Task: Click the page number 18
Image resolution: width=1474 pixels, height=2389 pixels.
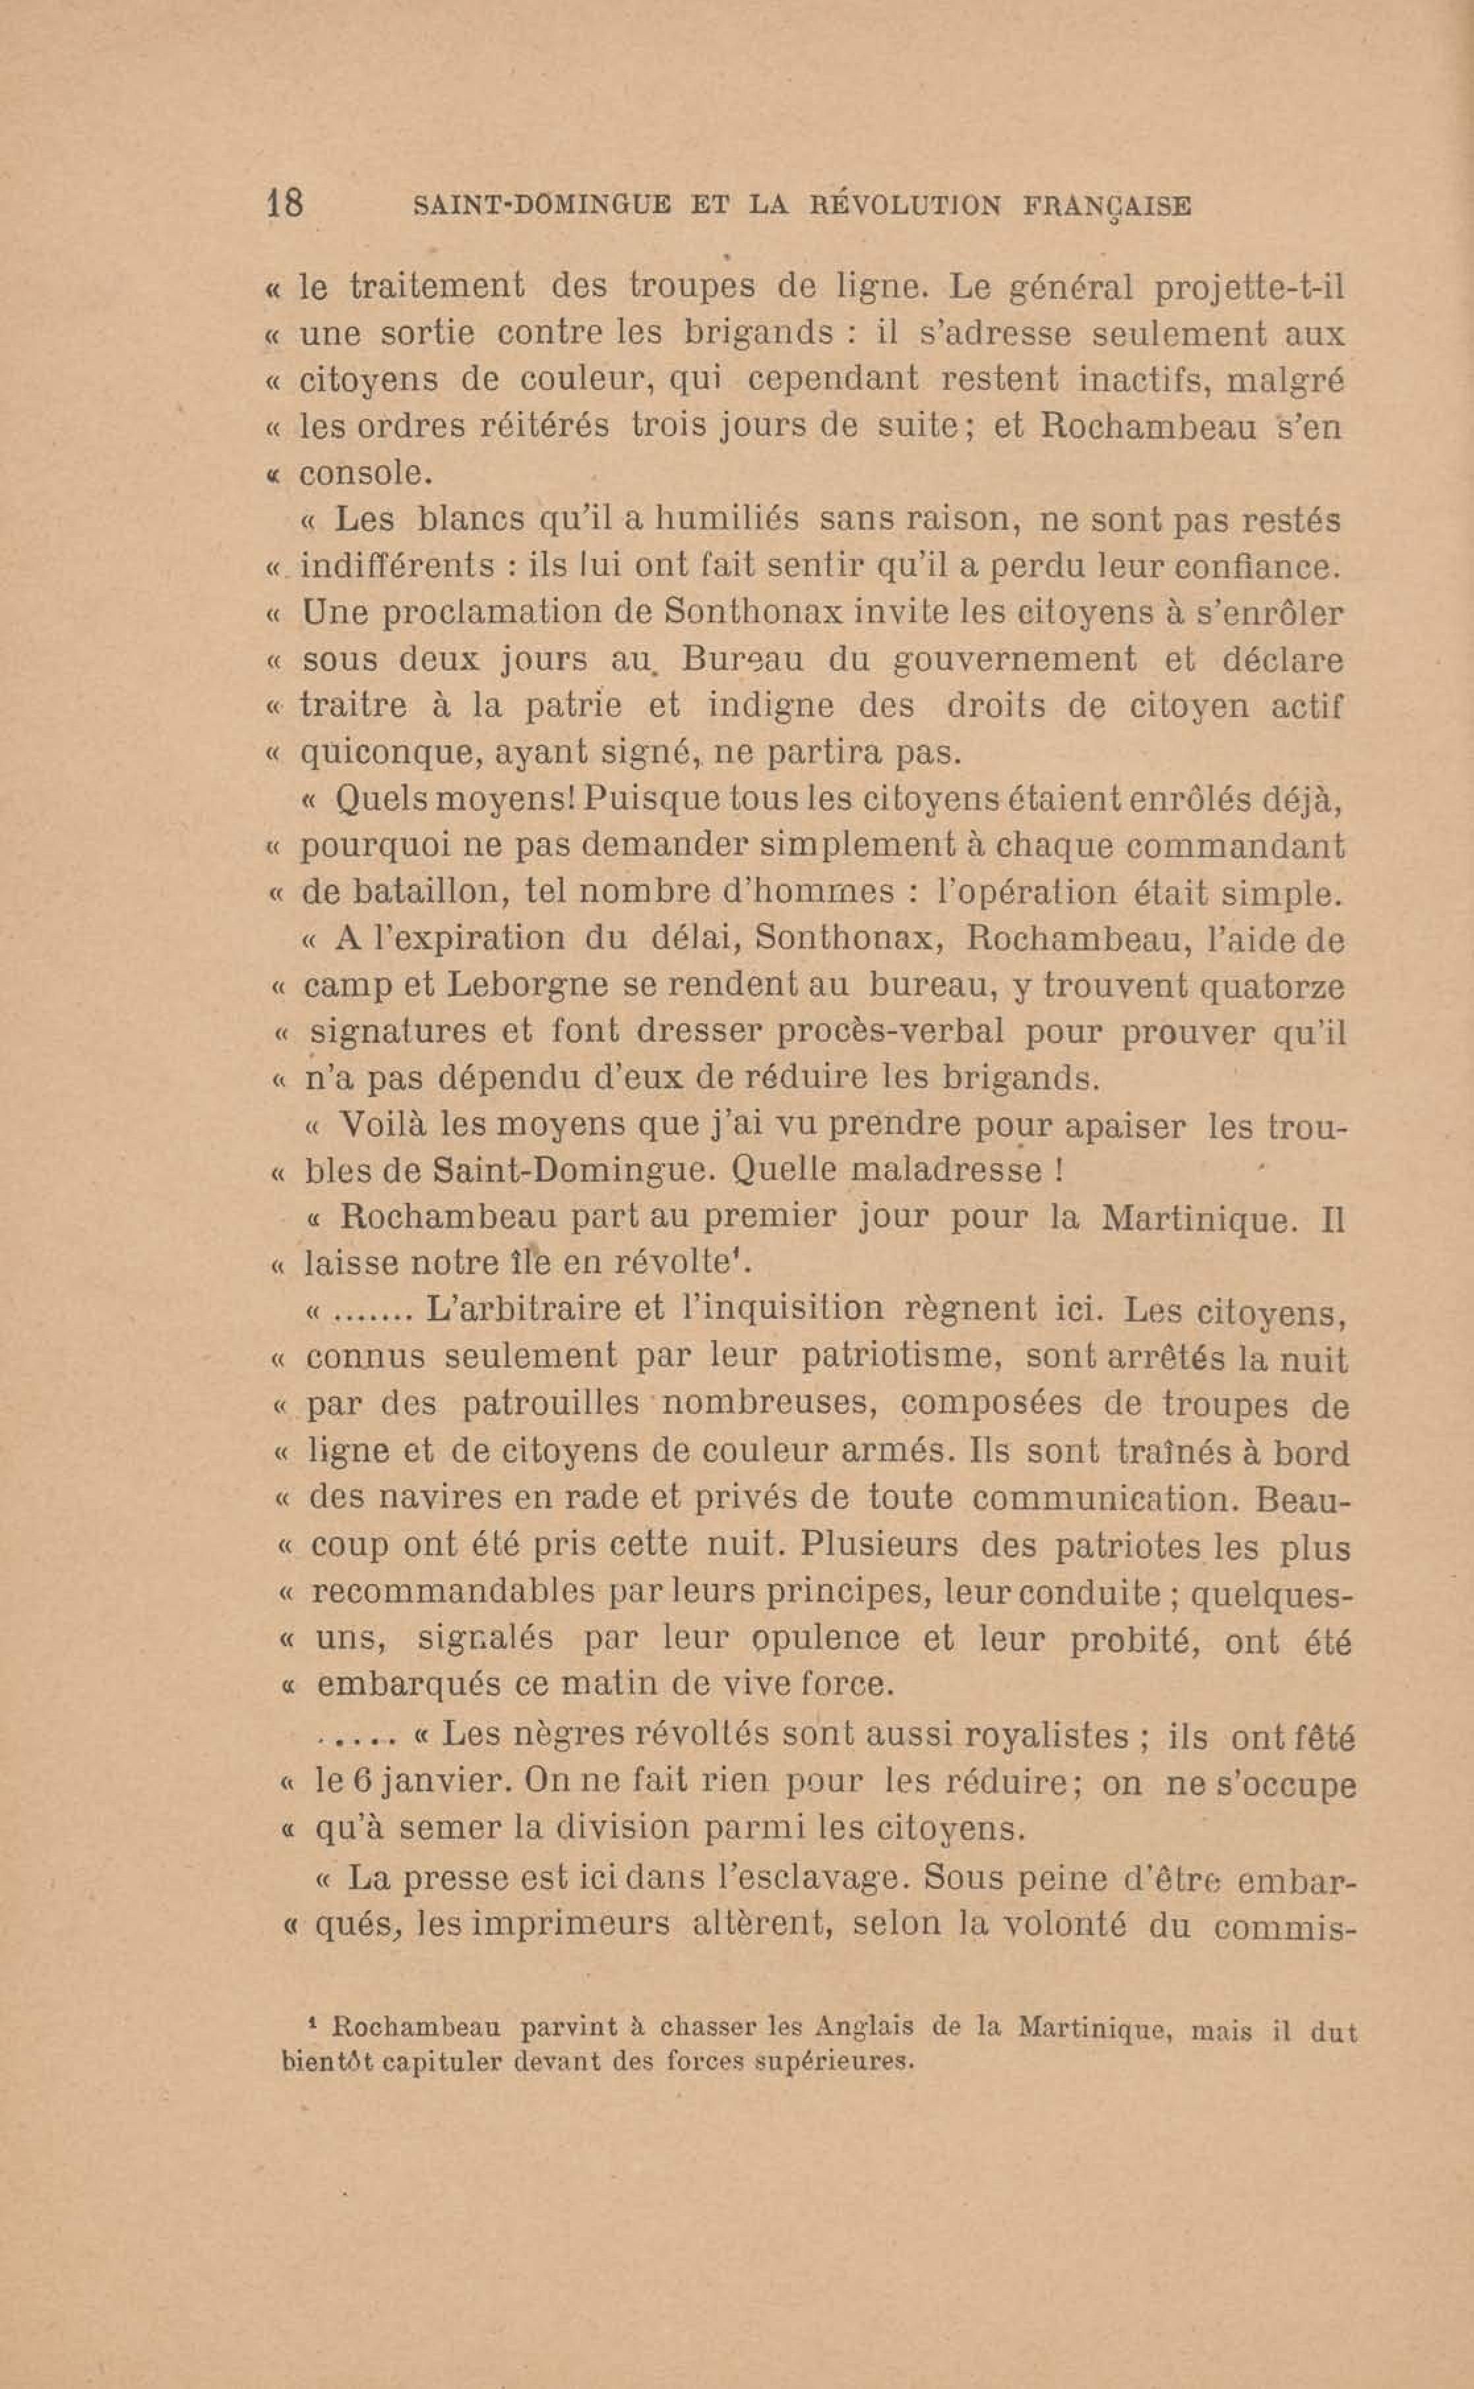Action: [284, 204]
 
